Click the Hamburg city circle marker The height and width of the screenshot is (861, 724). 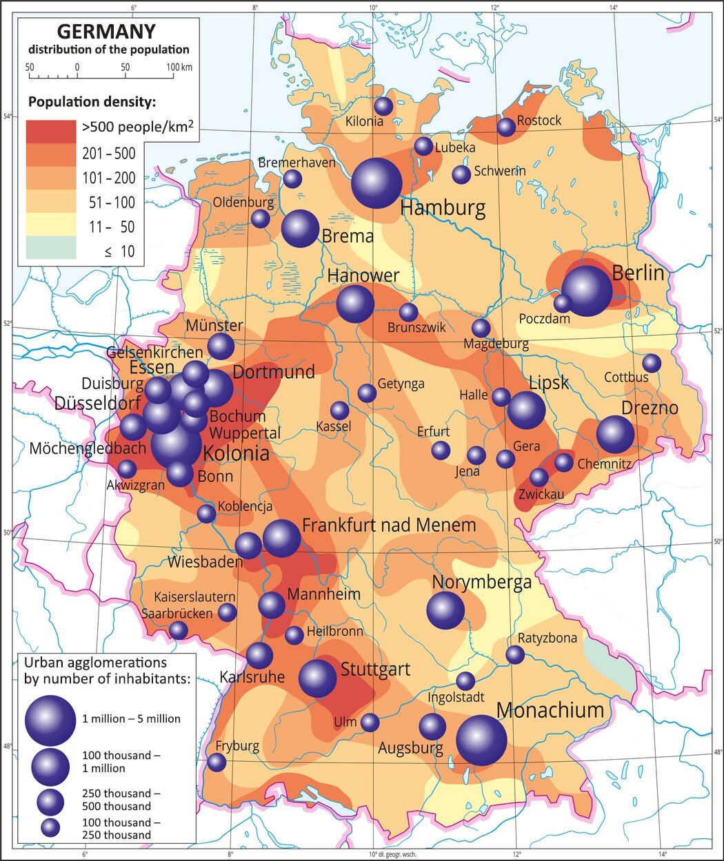pos(376,183)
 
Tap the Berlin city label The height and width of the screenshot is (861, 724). pos(638,273)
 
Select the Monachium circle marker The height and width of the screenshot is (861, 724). pos(481,740)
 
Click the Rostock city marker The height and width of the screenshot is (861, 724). pos(506,127)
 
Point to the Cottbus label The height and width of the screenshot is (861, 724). pos(626,377)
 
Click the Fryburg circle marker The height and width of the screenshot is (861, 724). pos(217,763)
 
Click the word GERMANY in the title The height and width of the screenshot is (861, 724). pos(106,32)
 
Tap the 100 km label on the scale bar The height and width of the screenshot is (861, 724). pos(179,68)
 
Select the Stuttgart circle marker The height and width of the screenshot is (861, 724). pos(317,678)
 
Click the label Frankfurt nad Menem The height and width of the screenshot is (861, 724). pos(389,526)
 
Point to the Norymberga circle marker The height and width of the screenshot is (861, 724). pos(445,610)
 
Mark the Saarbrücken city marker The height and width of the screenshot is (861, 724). pos(179,630)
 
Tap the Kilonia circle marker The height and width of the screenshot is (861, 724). pos(383,106)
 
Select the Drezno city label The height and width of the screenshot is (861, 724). pos(650,407)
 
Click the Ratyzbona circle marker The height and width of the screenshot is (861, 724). pos(515,654)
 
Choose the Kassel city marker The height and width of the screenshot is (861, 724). pos(339,411)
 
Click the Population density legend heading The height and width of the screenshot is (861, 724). pos(92,102)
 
